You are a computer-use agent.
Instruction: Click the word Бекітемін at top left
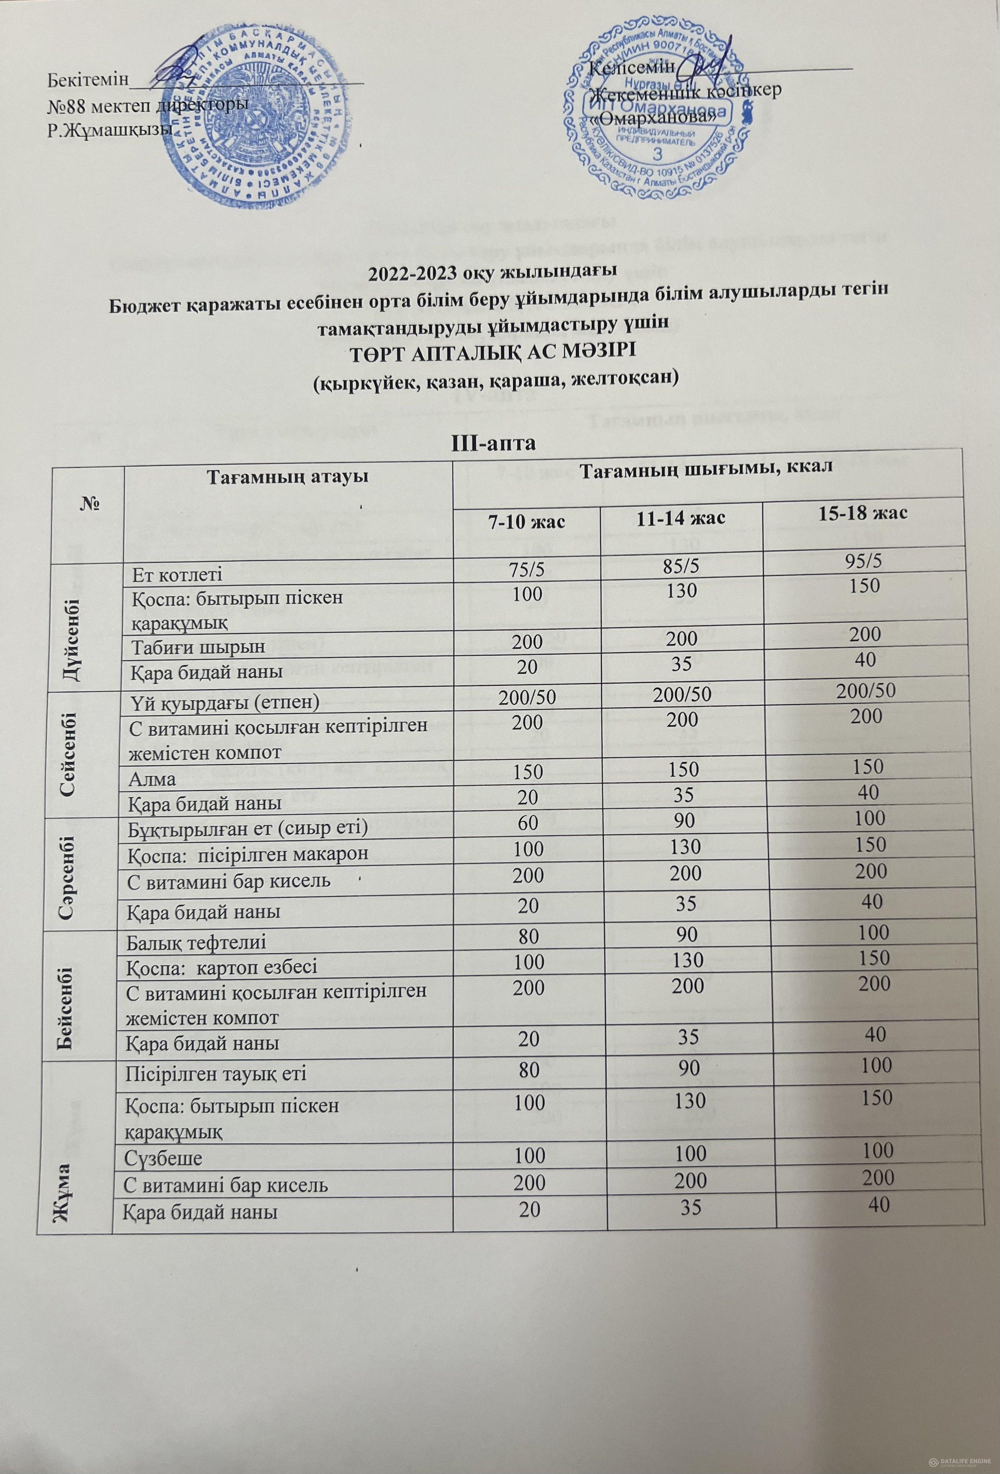click(87, 81)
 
